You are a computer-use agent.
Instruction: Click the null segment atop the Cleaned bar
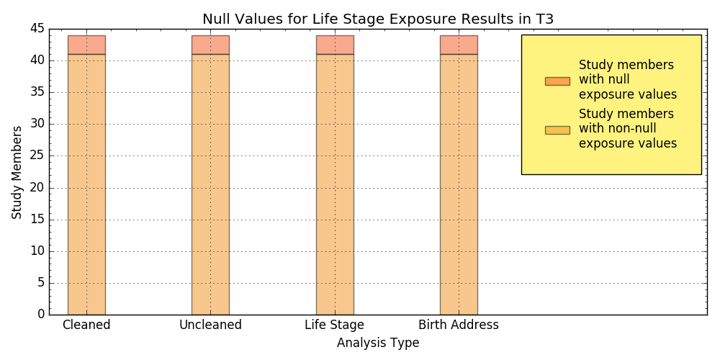86,45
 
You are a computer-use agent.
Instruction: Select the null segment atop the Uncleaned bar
210,45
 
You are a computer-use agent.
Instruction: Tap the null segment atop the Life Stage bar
335,45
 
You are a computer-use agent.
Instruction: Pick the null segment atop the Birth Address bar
459,45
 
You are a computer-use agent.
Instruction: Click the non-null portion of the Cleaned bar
86,184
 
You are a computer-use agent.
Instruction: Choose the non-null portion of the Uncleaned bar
210,184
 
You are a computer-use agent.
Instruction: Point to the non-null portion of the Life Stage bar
335,184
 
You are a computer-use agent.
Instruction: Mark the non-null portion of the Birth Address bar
459,184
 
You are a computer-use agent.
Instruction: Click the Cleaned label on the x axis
86,325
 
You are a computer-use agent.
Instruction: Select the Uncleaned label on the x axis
210,325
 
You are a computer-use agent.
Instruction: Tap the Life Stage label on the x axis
335,325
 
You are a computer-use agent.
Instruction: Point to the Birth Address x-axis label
459,325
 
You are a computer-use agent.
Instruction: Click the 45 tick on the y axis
37,29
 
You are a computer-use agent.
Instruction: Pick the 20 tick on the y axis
37,188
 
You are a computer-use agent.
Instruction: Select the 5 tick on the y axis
41,283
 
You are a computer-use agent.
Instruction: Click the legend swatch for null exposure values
557,81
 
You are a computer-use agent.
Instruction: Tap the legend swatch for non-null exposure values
557,130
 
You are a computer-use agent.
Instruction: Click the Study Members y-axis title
17,172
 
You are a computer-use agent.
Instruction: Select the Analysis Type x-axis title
378,343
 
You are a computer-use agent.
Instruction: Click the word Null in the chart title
215,19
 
